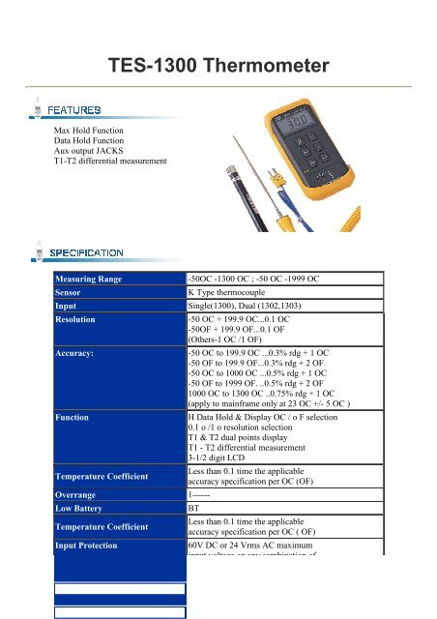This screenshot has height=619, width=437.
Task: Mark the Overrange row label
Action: coord(82,493)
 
